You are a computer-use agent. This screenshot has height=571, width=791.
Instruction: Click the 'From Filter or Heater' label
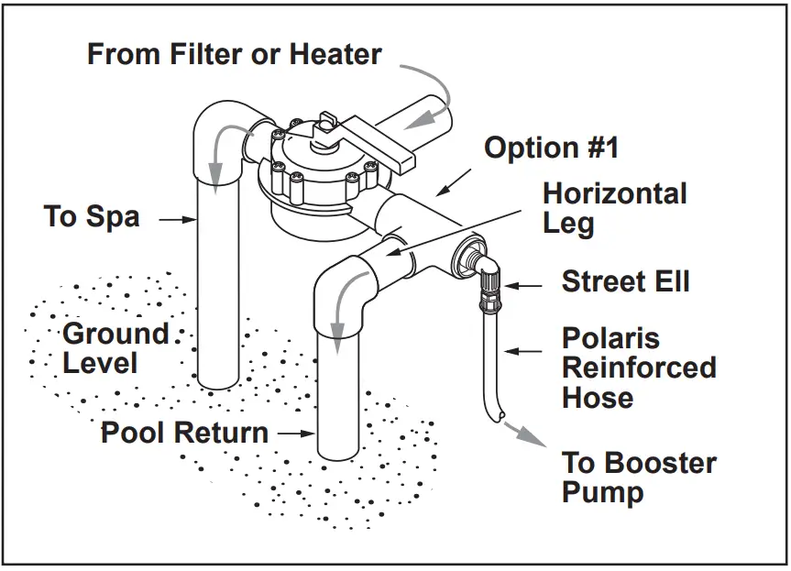point(234,53)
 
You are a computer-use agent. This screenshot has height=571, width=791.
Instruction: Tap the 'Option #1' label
point(552,148)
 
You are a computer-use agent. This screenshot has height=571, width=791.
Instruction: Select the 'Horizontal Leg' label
point(614,208)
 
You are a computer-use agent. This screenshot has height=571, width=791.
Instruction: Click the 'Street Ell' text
point(625,281)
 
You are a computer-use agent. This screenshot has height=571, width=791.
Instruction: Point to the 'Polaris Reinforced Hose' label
point(639,368)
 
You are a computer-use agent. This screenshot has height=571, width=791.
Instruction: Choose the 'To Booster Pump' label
point(639,477)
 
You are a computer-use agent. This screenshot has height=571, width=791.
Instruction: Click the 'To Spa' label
point(92,217)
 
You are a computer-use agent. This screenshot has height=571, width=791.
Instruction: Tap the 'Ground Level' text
point(115,347)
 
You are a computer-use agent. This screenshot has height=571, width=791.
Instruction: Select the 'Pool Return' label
point(184,433)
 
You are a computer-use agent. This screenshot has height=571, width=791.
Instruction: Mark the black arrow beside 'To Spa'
point(179,219)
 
